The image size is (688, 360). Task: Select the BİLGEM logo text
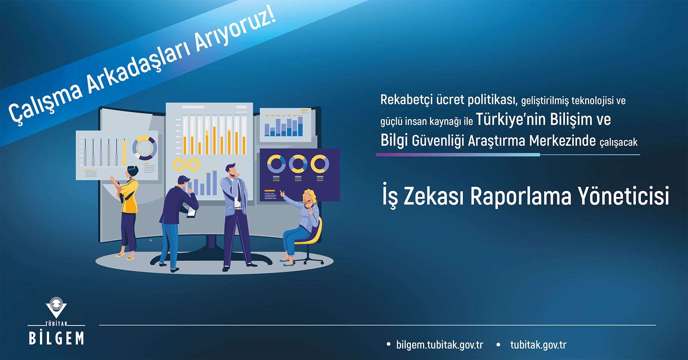click(x=56, y=338)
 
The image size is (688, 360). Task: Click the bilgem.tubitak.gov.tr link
click(x=440, y=345)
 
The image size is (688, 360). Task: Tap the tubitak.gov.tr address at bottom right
click(x=538, y=345)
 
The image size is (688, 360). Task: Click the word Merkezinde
click(x=562, y=140)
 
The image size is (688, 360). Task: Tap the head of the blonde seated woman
click(x=309, y=197)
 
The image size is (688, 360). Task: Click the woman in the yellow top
click(x=127, y=212)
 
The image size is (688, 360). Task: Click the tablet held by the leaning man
click(x=192, y=213)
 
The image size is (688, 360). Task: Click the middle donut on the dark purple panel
click(x=298, y=164)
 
